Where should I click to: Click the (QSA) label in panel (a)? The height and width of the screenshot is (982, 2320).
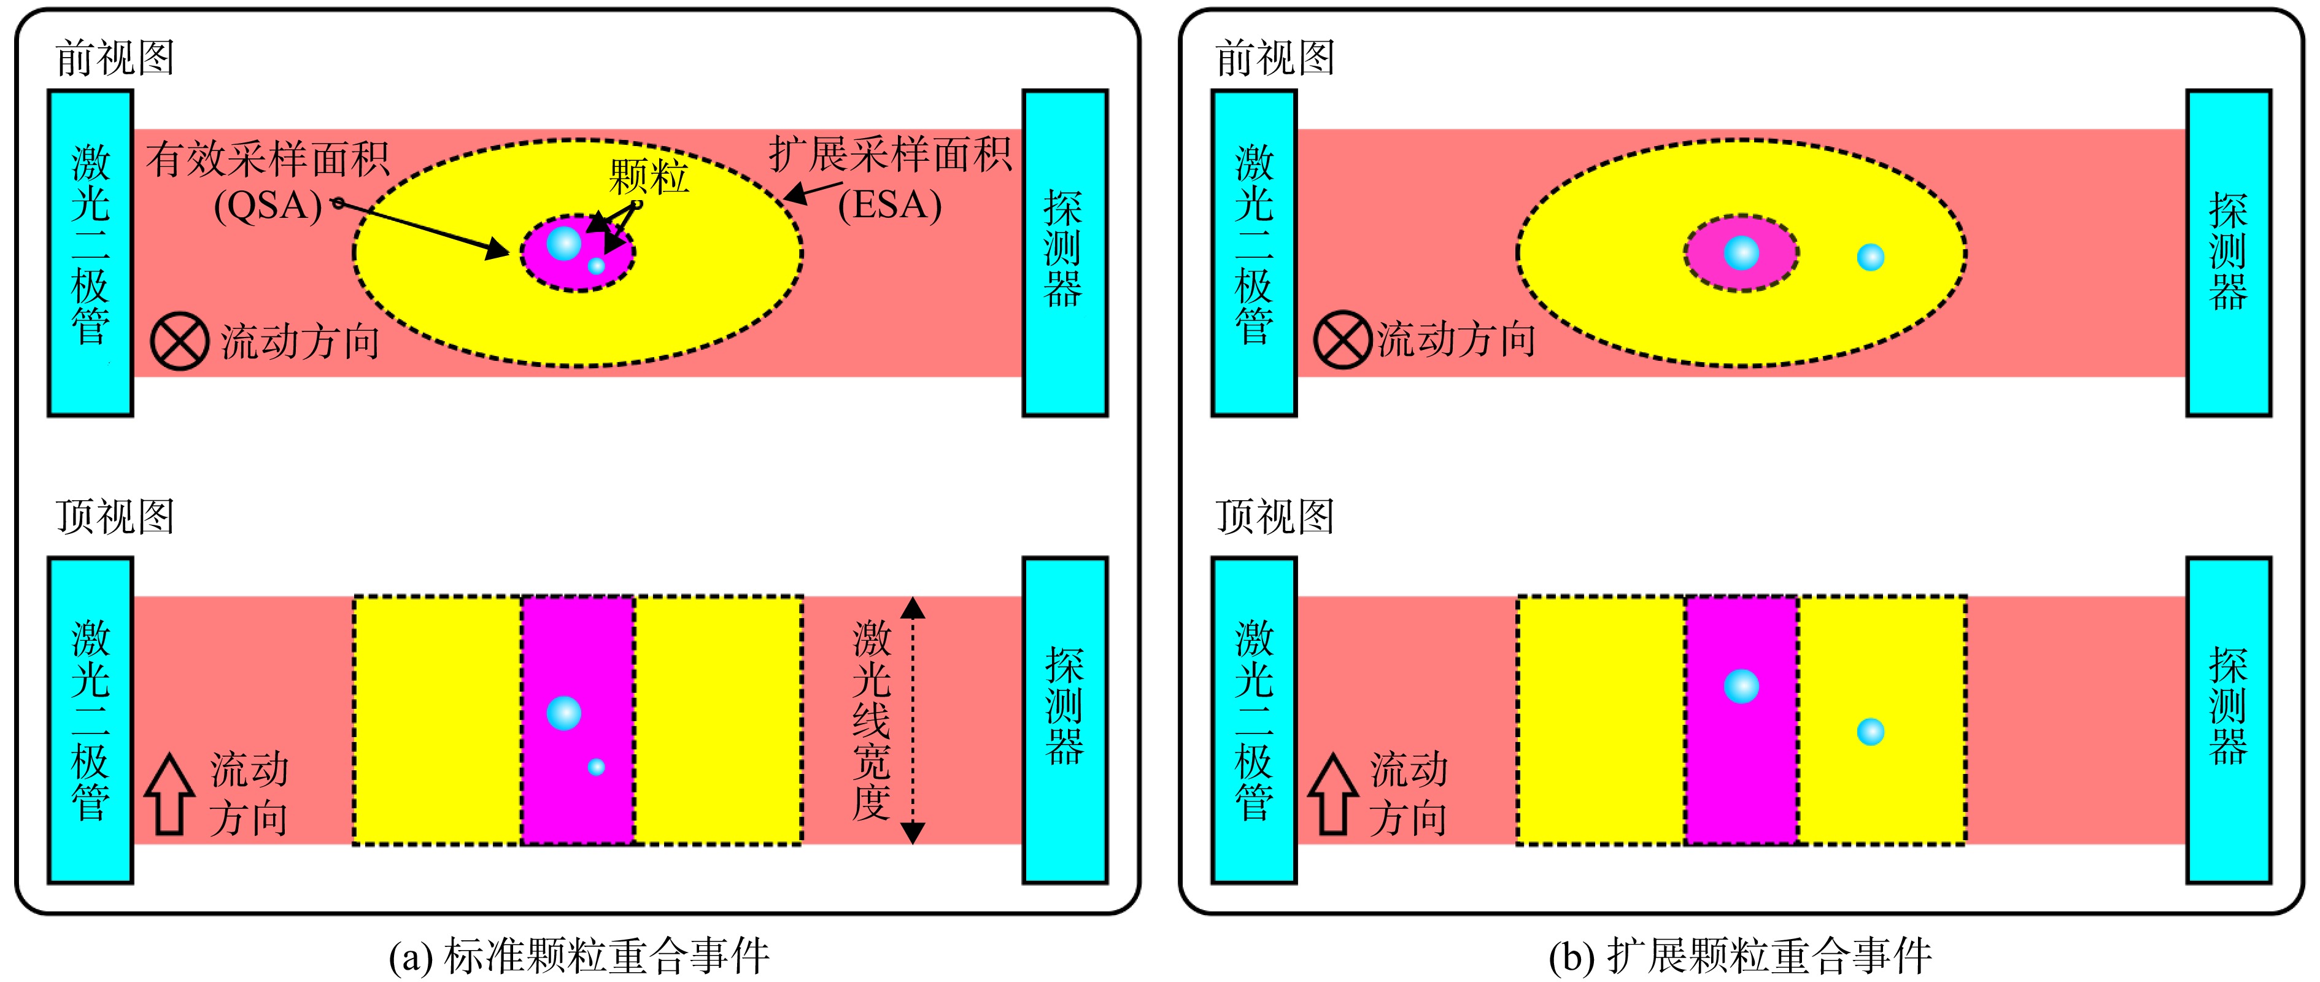(268, 206)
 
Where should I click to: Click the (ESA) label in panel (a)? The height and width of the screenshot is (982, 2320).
(890, 206)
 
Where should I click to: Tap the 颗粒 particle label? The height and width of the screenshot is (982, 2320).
(649, 177)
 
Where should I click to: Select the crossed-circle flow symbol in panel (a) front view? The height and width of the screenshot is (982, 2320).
(179, 341)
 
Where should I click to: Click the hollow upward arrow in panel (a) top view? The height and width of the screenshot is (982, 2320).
(169, 794)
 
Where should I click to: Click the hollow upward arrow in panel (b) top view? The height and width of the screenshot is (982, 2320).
(1333, 794)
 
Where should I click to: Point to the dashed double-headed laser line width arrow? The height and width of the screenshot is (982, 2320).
(912, 721)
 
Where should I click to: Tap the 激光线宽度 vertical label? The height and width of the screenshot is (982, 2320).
(871, 720)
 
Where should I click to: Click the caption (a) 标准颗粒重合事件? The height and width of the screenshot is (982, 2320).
(579, 957)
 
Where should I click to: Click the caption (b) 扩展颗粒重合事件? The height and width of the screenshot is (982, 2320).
(1740, 957)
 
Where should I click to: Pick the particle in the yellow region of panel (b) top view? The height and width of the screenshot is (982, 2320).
(1871, 732)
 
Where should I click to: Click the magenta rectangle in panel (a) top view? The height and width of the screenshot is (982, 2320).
(578, 721)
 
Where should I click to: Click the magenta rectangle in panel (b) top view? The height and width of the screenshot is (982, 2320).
(1742, 721)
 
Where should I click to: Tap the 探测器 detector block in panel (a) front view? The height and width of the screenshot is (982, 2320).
(1064, 253)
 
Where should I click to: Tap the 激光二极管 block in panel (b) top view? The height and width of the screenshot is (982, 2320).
(1255, 721)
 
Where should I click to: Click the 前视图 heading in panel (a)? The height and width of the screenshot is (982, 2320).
(114, 58)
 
